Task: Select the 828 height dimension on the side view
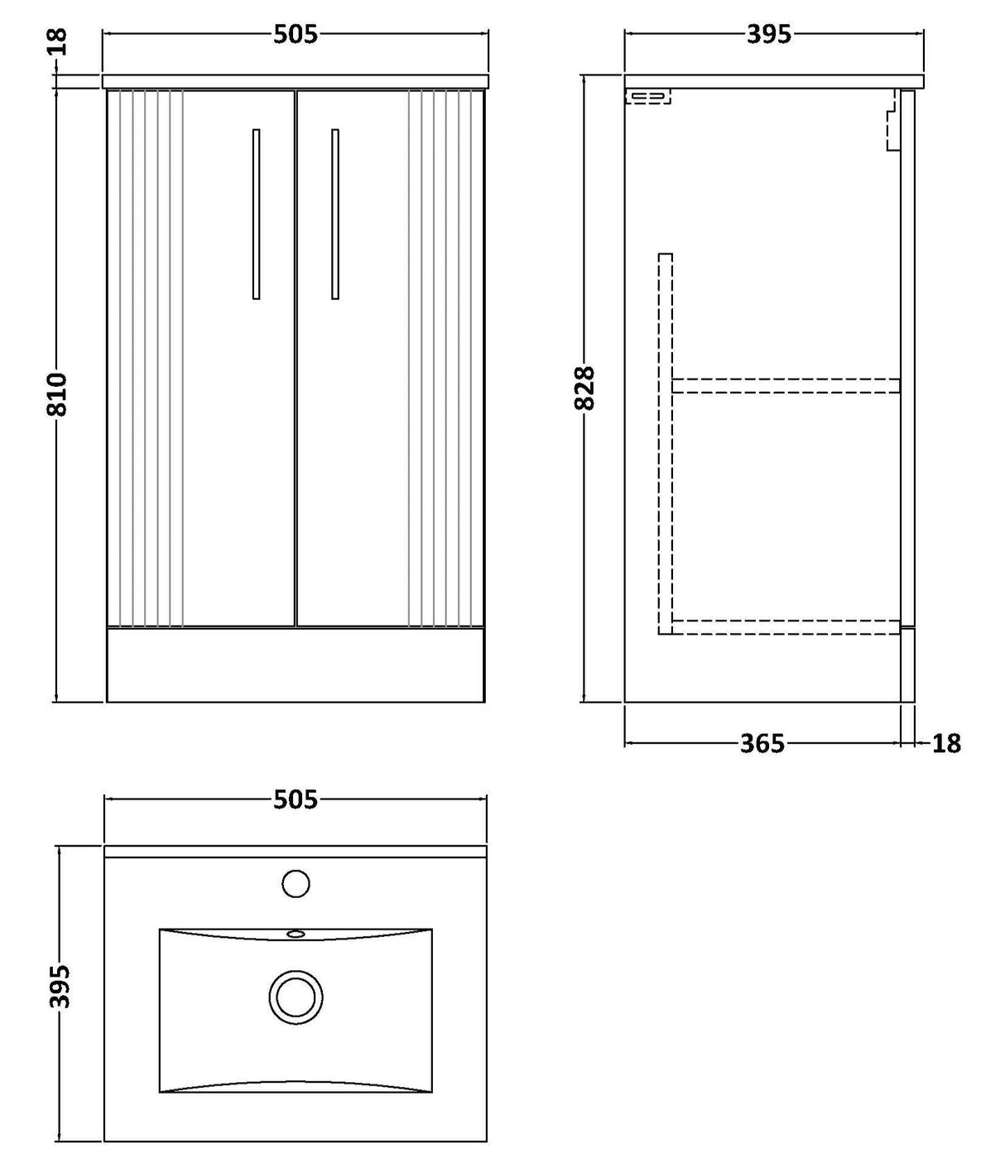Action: [x=584, y=388]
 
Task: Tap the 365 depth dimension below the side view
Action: [x=762, y=743]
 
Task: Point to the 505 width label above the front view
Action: [x=296, y=34]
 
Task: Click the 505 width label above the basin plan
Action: [x=296, y=799]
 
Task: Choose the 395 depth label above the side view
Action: [x=769, y=34]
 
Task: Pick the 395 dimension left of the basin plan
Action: [x=60, y=986]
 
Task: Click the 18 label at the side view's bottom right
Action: [x=946, y=743]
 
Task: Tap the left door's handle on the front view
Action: [x=256, y=214]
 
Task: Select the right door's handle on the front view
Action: [x=334, y=214]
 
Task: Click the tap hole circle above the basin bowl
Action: [x=296, y=883]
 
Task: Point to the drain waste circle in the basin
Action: [x=296, y=996]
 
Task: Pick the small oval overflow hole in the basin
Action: [x=296, y=934]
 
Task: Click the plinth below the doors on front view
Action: [x=296, y=664]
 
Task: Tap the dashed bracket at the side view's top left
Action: [x=647, y=97]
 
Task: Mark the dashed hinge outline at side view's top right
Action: [x=892, y=123]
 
